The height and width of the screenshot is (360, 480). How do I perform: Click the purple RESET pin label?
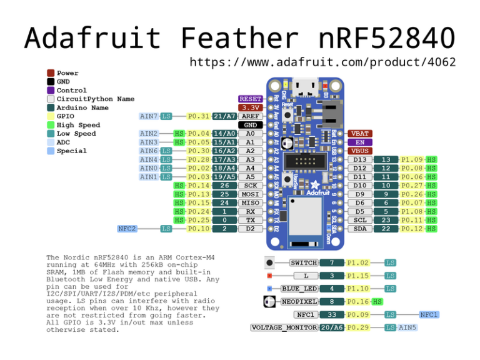point(250,99)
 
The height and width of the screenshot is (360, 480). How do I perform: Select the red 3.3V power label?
point(250,107)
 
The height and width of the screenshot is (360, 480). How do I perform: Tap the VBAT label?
point(360,134)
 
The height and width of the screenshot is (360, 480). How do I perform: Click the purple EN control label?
point(360,142)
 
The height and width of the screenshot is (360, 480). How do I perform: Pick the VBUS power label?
point(360,151)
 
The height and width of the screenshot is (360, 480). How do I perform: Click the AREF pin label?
point(250,116)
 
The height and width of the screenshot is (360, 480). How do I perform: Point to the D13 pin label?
point(360,160)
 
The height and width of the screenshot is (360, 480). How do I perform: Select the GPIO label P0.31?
point(199,116)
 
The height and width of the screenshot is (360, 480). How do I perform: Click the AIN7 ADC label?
point(148,116)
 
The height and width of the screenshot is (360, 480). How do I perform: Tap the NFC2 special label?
point(127,229)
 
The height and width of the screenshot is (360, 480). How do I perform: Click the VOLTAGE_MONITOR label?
point(284,327)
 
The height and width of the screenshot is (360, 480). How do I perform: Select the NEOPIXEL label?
point(299,302)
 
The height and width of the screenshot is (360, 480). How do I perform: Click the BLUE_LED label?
point(299,289)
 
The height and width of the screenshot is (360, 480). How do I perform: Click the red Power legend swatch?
point(51,73)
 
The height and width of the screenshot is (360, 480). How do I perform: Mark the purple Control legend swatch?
point(51,91)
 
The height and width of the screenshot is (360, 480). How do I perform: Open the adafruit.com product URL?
point(322,62)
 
